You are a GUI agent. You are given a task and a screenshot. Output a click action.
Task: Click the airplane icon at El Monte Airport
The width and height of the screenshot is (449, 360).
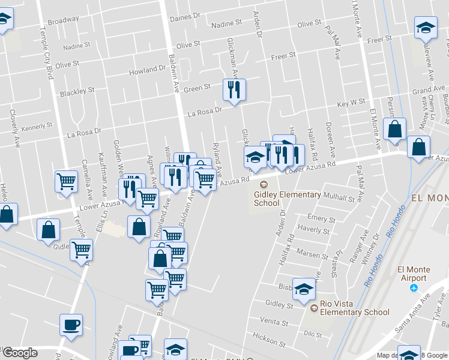click(413, 289)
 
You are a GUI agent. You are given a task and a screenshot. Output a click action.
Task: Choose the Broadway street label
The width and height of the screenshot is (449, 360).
click(63, 20)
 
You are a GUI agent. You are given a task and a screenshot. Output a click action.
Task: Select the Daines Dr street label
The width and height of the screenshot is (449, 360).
click(184, 18)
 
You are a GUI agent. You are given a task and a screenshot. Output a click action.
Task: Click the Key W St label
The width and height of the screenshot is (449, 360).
click(351, 103)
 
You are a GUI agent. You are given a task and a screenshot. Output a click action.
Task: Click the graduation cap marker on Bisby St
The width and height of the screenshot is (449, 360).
click(304, 289)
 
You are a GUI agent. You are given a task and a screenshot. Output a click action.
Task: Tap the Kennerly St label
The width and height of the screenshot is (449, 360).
click(37, 127)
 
